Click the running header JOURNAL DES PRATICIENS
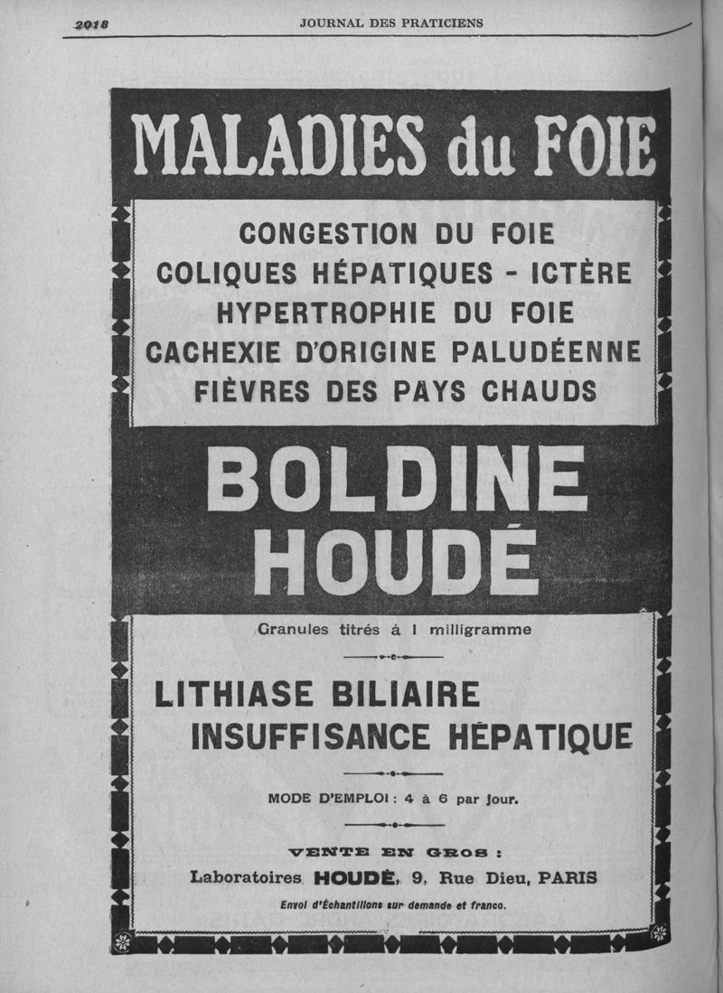390,23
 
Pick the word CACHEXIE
207,351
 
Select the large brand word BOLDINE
396,479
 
